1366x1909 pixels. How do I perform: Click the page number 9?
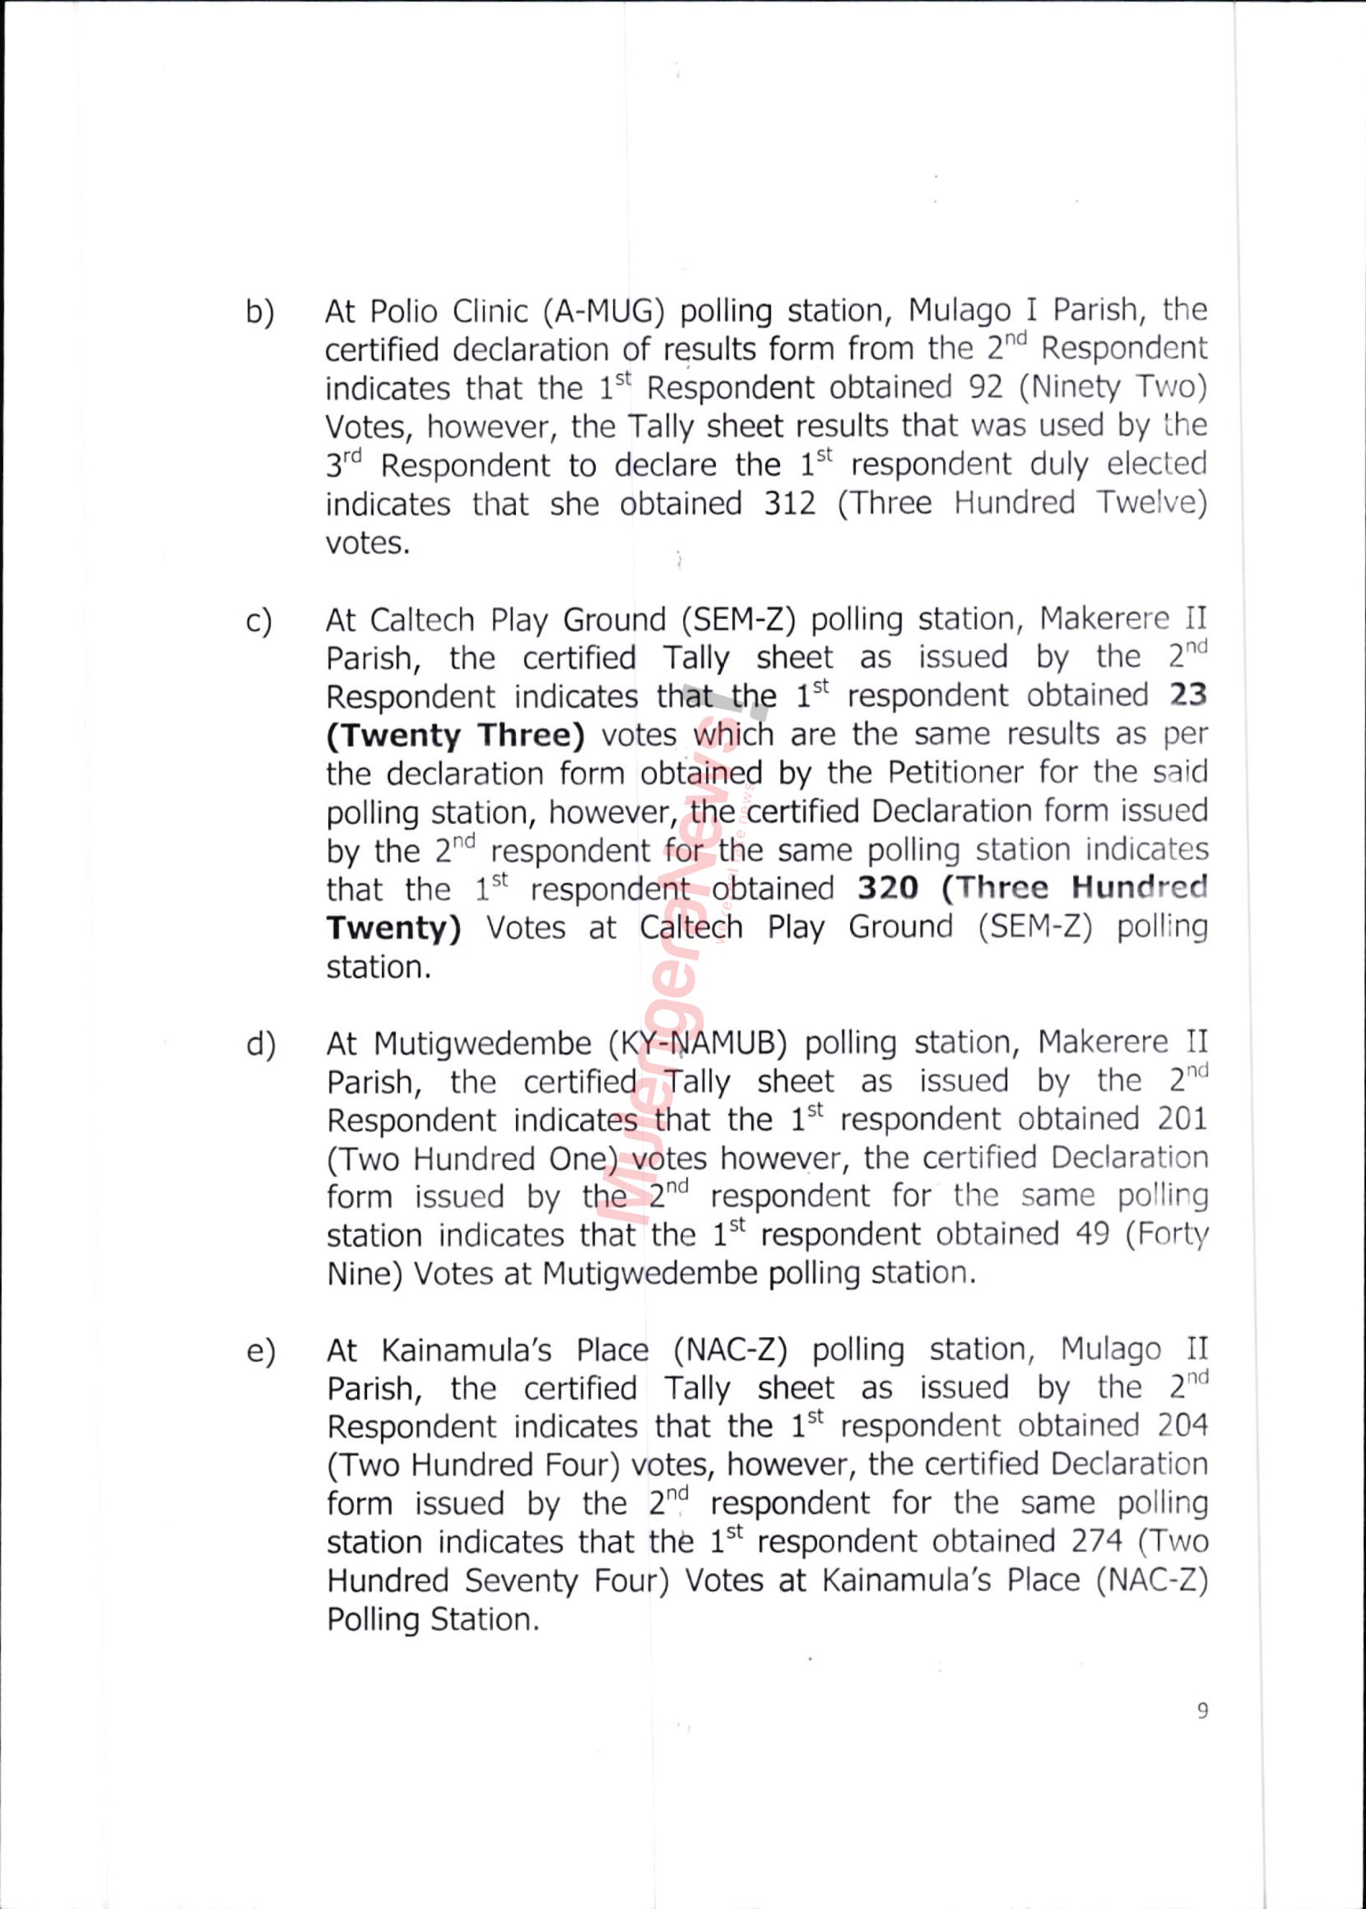click(1203, 1711)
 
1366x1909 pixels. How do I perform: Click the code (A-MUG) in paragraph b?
click(604, 311)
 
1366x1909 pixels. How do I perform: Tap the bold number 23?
click(1189, 696)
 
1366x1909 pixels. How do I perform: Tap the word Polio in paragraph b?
click(403, 312)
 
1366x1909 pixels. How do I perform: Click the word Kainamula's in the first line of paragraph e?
click(467, 1350)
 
